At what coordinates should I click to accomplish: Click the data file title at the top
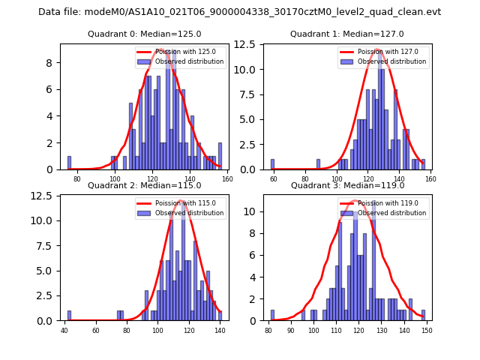pyautogui.click(x=239, y=12)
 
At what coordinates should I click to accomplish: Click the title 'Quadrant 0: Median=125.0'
pyautogui.click(x=144, y=34)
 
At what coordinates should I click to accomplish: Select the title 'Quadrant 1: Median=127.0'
pyautogui.click(x=346, y=34)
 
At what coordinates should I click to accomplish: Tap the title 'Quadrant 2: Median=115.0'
pyautogui.click(x=144, y=185)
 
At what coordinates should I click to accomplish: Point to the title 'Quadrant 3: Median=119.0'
pyautogui.click(x=346, y=185)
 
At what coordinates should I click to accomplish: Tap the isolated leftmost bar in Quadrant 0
pyautogui.click(x=69, y=163)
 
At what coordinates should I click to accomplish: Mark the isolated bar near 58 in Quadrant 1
pyautogui.click(x=272, y=164)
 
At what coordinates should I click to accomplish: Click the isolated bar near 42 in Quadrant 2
pyautogui.click(x=69, y=316)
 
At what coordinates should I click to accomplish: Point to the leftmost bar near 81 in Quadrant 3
pyautogui.click(x=272, y=315)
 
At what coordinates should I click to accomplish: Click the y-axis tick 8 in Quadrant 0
pyautogui.click(x=52, y=62)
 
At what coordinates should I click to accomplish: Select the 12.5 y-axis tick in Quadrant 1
pyautogui.click(x=251, y=44)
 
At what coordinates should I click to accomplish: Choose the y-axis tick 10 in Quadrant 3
pyautogui.click(x=256, y=212)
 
